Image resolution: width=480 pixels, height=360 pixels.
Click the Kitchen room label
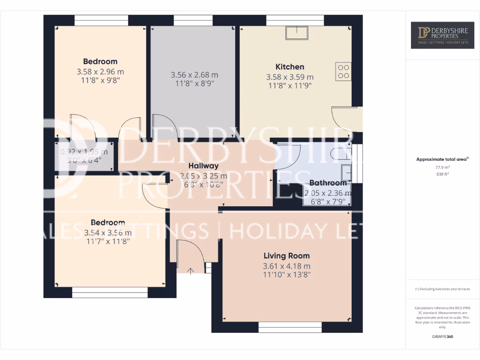(290, 67)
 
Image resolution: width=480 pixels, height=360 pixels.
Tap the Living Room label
(286, 256)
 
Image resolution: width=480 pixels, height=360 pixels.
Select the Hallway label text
(203, 166)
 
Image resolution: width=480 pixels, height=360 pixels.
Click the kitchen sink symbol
(297, 32)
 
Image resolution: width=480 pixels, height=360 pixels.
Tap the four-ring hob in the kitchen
(343, 71)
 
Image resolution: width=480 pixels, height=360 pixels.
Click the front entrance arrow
(191, 270)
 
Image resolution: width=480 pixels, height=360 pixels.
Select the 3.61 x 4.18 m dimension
(286, 266)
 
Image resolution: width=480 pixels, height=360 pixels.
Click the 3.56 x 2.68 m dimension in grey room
(194, 75)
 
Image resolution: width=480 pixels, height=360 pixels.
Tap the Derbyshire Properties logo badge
(442, 35)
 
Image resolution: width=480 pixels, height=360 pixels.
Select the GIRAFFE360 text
(442, 337)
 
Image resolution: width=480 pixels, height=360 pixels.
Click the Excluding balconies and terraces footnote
(442, 289)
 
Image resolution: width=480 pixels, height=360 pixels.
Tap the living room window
(290, 327)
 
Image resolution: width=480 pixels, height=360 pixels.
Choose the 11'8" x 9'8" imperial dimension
(100, 81)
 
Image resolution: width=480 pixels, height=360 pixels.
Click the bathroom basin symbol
(346, 172)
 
